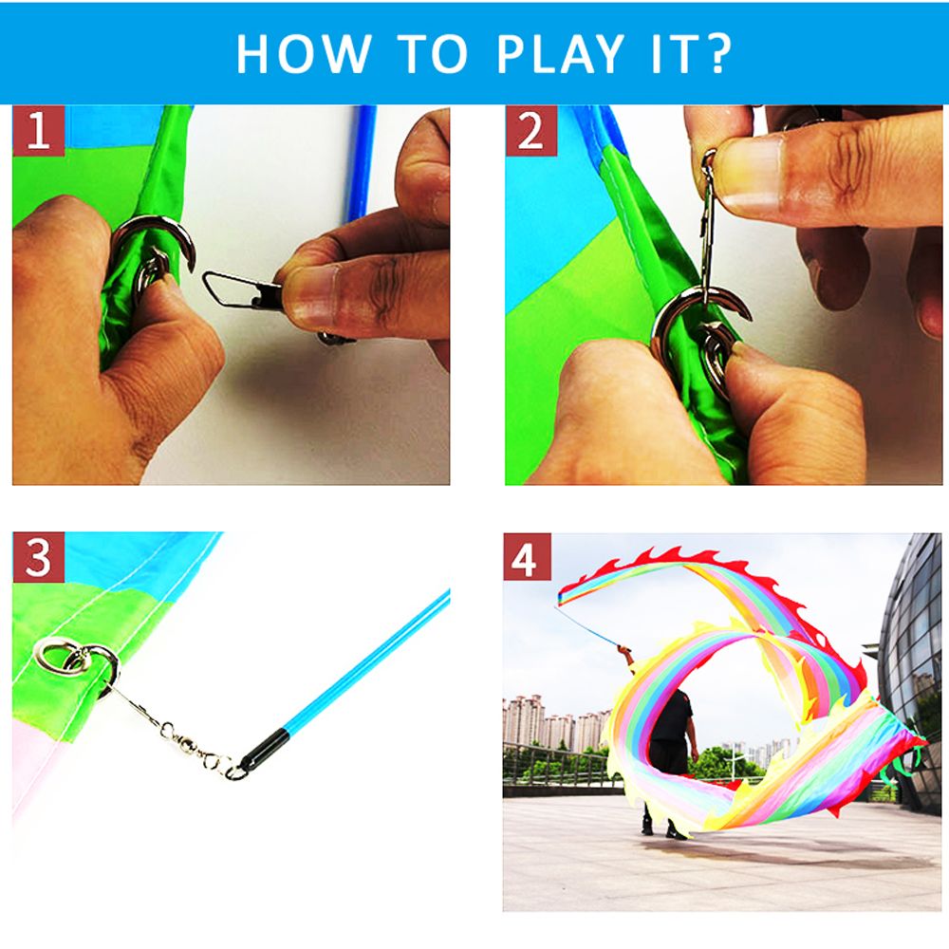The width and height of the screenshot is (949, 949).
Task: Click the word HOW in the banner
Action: pyautogui.click(x=304, y=53)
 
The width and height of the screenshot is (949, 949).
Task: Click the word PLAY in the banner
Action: pyautogui.click(x=560, y=53)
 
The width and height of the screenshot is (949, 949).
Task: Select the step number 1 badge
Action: pyautogui.click(x=38, y=130)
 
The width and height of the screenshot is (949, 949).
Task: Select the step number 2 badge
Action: pyautogui.click(x=530, y=130)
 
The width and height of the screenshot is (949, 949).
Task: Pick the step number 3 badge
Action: pyautogui.click(x=38, y=557)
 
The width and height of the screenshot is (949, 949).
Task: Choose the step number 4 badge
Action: pyautogui.click(x=527, y=558)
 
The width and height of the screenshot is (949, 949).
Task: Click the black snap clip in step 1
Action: pyautogui.click(x=242, y=289)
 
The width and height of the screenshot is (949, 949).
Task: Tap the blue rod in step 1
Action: pyautogui.click(x=360, y=163)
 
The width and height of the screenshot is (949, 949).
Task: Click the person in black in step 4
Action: pyautogui.click(x=669, y=751)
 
